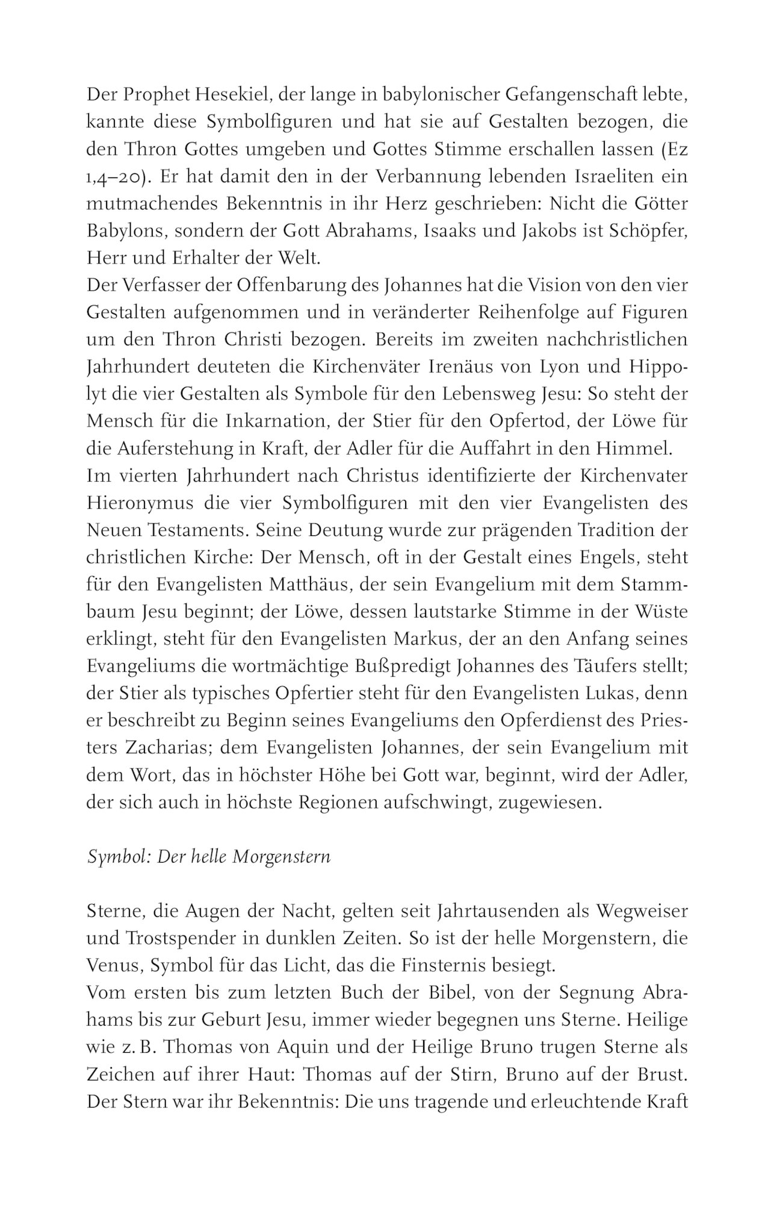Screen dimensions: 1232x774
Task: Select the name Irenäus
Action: point(472,368)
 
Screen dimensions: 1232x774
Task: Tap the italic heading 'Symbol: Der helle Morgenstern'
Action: point(209,857)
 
